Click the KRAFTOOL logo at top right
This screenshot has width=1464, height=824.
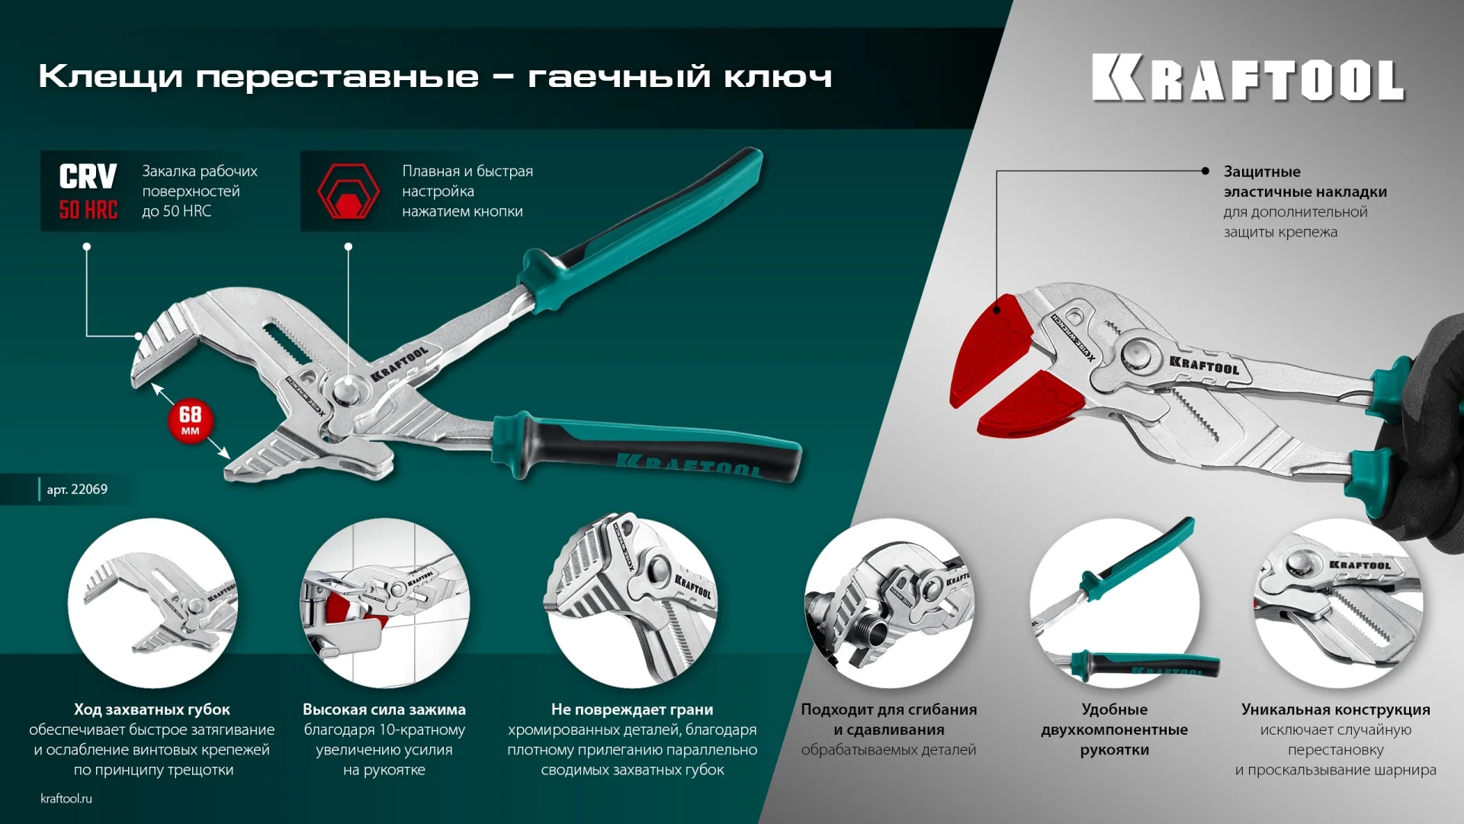coord(1247,78)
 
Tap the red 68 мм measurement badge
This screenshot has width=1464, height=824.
coord(190,420)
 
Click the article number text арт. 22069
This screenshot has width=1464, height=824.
coord(77,489)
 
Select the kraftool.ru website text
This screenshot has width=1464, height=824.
coord(66,798)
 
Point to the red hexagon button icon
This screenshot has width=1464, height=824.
coord(348,192)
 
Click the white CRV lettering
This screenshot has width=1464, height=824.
coord(88,177)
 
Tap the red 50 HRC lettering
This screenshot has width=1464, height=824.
coord(88,210)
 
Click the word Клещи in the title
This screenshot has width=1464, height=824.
coord(111,76)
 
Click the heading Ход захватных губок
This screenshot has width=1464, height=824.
coord(152,710)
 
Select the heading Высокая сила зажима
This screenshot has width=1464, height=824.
coord(384,710)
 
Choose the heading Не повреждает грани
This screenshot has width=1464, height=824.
coord(632,710)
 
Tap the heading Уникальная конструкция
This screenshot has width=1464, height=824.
coord(1335,710)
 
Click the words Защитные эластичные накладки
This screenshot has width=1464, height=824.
coord(1305,182)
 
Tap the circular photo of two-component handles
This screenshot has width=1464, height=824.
coord(1114,603)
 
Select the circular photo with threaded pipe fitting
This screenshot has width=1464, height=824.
coord(889,603)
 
